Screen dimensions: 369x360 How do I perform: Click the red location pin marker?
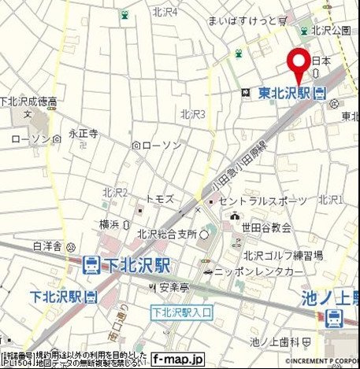coord(298,62)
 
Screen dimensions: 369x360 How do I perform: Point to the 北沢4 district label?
coord(165,12)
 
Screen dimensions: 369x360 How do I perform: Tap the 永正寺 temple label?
coord(83,135)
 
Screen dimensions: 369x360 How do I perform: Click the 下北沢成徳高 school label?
coord(28,101)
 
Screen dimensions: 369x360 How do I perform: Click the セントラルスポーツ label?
coord(262,201)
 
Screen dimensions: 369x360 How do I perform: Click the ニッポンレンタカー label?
coord(253,271)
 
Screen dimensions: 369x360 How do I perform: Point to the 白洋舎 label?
coord(46,246)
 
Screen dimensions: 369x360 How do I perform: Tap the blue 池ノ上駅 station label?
coord(331,298)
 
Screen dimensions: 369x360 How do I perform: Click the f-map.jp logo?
coord(178,359)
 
